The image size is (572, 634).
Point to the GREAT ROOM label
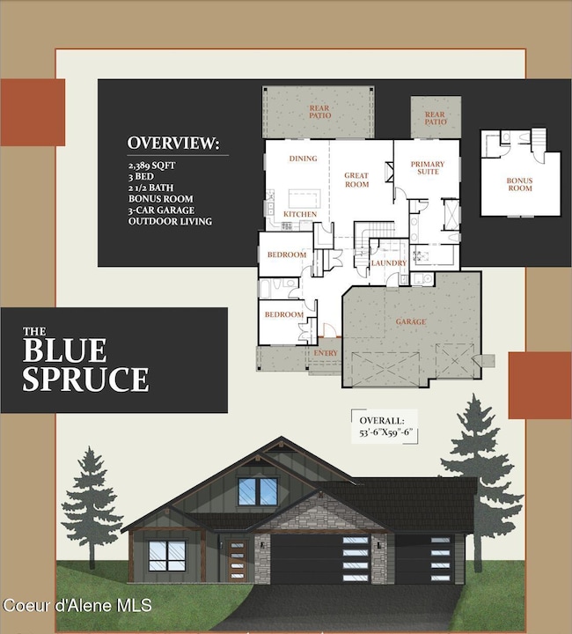tap(356, 180)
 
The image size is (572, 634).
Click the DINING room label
tap(303, 158)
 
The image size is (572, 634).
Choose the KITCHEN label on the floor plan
tap(299, 214)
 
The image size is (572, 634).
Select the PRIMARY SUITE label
tap(427, 168)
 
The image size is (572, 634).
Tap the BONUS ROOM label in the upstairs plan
tap(519, 184)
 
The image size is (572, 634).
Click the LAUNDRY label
tap(388, 262)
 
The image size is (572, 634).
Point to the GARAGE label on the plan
tap(411, 322)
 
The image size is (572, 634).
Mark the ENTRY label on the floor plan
tap(326, 352)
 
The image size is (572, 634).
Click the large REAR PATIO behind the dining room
tap(318, 112)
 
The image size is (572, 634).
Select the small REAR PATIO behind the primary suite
tap(436, 117)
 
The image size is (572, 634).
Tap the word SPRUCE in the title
tap(85, 379)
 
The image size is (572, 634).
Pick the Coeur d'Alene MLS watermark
tap(77, 605)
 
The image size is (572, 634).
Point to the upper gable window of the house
tap(257, 491)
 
